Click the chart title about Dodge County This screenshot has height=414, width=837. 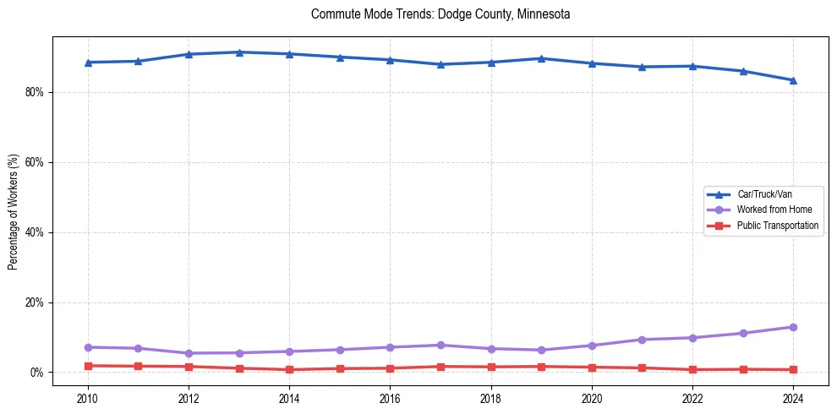click(440, 14)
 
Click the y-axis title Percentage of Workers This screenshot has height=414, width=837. click(13, 210)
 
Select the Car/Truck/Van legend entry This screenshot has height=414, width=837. click(764, 194)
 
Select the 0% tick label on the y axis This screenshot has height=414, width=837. click(37, 373)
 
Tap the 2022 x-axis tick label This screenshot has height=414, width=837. click(692, 398)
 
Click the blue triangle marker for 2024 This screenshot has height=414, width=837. click(793, 80)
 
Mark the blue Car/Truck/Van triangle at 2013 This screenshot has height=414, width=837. click(239, 52)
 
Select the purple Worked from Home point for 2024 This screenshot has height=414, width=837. click(793, 327)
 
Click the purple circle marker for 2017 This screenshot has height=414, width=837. click(440, 345)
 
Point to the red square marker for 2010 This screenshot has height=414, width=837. click(88, 366)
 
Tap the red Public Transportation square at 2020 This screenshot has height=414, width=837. click(592, 367)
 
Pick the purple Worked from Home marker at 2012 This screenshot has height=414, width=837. click(189, 353)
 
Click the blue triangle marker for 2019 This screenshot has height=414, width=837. click(541, 58)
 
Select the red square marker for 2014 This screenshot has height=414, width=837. click(289, 369)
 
